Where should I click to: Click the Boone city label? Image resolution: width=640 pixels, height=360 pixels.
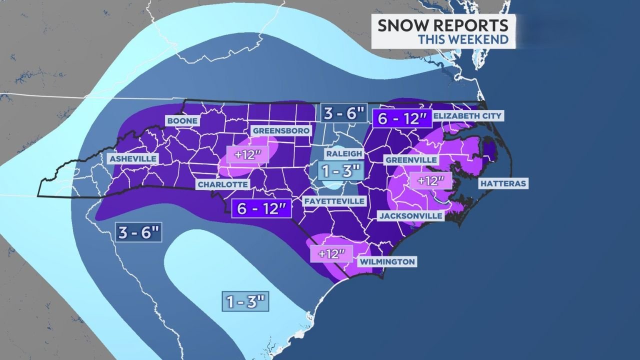[x=182, y=121]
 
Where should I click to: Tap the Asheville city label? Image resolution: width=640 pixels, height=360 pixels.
[x=133, y=158]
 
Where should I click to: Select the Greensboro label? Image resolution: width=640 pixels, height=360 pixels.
[x=282, y=130]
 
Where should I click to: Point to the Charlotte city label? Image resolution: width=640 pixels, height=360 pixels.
[x=223, y=184]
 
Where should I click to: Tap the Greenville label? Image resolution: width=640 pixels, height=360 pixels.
[x=411, y=160]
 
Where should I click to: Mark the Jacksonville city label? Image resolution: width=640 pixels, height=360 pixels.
[x=410, y=216]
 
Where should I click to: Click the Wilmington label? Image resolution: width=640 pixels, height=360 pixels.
[x=386, y=261]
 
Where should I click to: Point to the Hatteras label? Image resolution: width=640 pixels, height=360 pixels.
[x=503, y=183]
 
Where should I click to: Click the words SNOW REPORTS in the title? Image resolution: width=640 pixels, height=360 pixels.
[x=442, y=25]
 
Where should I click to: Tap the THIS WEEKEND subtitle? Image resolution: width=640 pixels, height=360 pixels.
[x=463, y=39]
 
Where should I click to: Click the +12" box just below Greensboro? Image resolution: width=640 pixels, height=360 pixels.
[x=245, y=154]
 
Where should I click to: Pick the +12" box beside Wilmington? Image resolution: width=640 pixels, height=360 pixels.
[x=328, y=253]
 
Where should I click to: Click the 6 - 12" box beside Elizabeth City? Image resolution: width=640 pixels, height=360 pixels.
[x=401, y=118]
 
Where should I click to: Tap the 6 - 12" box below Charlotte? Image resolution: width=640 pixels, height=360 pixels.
[x=261, y=208]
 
